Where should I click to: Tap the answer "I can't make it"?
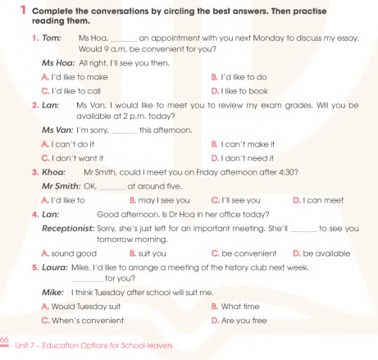click(245, 144)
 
